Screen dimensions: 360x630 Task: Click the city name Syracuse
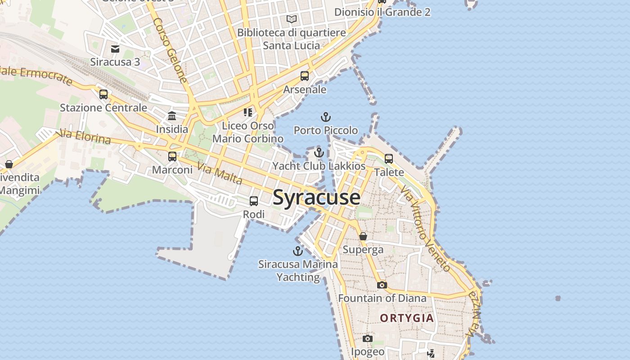[x=316, y=198]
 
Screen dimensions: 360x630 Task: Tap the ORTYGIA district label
[x=407, y=318]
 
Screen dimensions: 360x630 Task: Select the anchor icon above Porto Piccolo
[x=325, y=117]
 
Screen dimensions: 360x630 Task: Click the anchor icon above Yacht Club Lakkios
[x=319, y=153]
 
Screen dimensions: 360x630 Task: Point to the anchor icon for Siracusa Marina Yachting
[x=298, y=251]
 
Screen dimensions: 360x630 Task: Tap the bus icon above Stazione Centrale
[x=103, y=94]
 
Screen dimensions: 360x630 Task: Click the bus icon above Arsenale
[x=305, y=76]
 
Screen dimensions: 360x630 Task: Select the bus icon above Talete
[x=389, y=159]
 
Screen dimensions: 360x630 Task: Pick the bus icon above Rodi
[x=254, y=201]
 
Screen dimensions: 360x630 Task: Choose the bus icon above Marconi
[x=172, y=157]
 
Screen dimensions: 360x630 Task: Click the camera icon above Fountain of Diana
[x=382, y=285]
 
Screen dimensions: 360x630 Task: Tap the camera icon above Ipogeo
[x=368, y=338]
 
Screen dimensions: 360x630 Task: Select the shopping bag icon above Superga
[x=363, y=236]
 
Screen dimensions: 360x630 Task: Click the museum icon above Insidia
[x=172, y=116]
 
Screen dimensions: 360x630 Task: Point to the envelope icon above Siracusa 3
[x=115, y=49]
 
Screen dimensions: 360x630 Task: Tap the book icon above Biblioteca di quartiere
[x=292, y=19]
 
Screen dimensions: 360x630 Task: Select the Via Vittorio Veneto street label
[x=425, y=229]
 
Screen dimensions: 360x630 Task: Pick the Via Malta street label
[x=220, y=175]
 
